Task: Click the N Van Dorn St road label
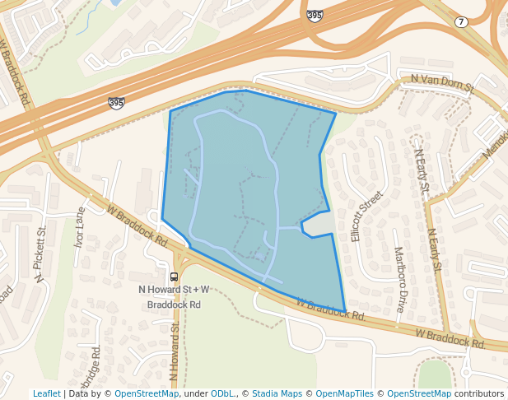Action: [x=443, y=81]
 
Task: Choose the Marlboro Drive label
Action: [x=400, y=280]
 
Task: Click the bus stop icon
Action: [x=174, y=277]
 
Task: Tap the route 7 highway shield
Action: [x=461, y=21]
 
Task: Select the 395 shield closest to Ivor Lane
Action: [x=116, y=103]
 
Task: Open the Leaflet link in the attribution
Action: [x=46, y=394]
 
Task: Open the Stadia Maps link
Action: [x=277, y=394]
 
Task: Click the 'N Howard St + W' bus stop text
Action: [x=174, y=290]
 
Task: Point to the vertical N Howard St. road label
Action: [x=175, y=350]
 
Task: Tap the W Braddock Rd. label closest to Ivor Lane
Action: [x=137, y=226]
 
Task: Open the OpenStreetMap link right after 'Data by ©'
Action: [x=147, y=394]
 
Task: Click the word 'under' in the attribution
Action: [x=195, y=394]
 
